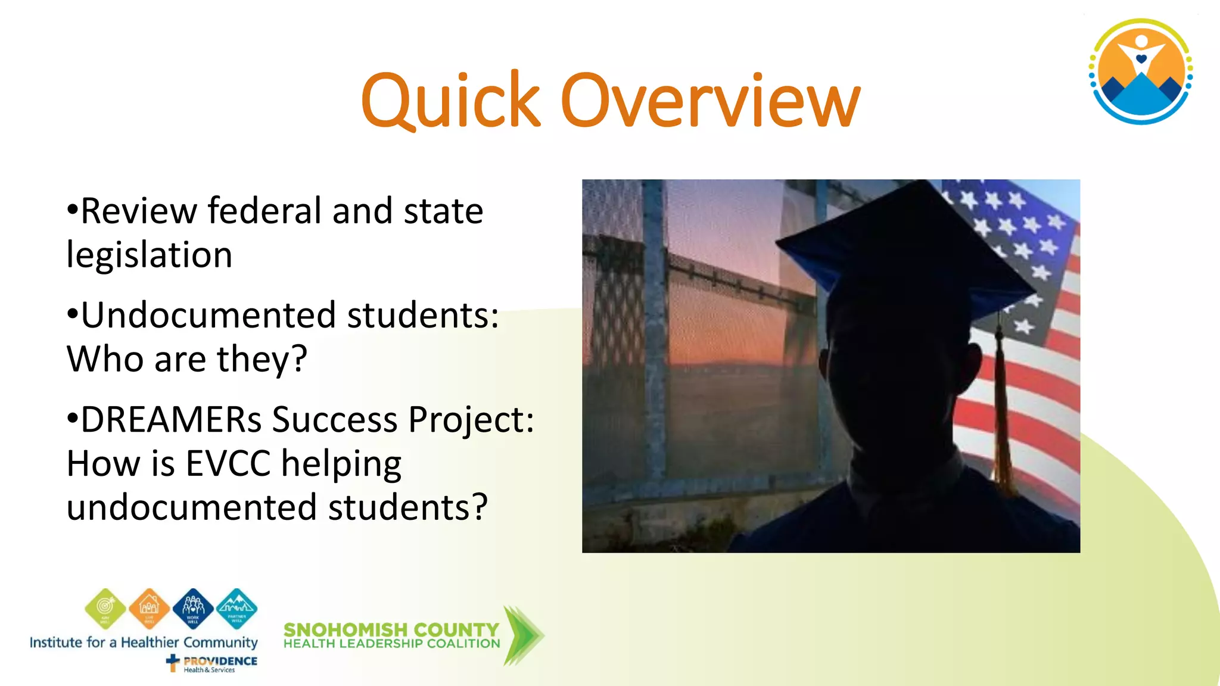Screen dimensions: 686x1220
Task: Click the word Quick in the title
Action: [450, 101]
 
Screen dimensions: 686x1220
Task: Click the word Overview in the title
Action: [710, 101]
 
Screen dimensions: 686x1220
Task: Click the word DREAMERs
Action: [171, 419]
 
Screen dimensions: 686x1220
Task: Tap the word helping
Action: [341, 464]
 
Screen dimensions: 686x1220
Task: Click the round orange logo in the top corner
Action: [1141, 71]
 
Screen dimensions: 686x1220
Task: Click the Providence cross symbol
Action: [173, 662]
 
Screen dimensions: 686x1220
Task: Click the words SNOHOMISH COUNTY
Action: [391, 629]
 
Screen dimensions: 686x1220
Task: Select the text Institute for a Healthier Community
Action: [144, 643]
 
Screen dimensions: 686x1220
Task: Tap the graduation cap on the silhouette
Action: [905, 250]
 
